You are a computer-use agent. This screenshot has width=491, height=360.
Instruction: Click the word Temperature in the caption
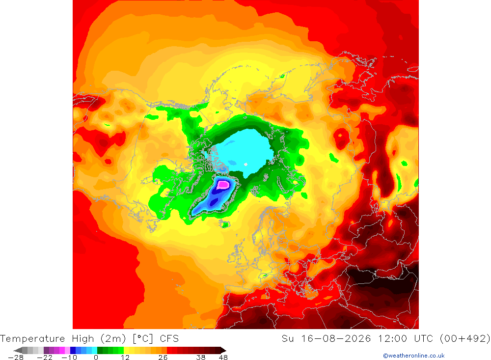pyautogui.click(x=32, y=339)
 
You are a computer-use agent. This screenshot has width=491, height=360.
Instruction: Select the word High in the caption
pyautogui.click(x=82, y=339)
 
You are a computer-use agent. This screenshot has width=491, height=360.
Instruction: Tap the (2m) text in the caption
pyautogui.click(x=113, y=339)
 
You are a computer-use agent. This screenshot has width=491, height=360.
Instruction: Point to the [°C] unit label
pyautogui.click(x=143, y=339)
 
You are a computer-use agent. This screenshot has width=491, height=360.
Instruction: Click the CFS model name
pyautogui.click(x=169, y=339)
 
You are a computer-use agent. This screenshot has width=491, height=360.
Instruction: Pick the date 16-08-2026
pyautogui.click(x=336, y=339)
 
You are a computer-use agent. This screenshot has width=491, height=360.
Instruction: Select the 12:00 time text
pyautogui.click(x=392, y=339)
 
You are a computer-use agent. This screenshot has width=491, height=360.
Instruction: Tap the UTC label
pyautogui.click(x=423, y=339)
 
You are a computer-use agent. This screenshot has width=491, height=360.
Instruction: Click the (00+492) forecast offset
pyautogui.click(x=465, y=339)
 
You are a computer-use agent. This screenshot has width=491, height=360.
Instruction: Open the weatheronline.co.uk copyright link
pyautogui.click(x=413, y=356)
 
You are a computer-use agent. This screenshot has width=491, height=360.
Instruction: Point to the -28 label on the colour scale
pyautogui.click(x=16, y=358)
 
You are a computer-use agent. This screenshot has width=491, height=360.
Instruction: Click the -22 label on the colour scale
pyautogui.click(x=45, y=358)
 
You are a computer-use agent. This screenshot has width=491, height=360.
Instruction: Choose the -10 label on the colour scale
pyautogui.click(x=69, y=358)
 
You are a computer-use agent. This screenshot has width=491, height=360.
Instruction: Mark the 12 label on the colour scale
pyautogui.click(x=125, y=358)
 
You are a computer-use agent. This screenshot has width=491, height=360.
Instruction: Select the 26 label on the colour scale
pyautogui.click(x=163, y=358)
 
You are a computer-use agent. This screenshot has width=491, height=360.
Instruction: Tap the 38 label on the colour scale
pyautogui.click(x=201, y=358)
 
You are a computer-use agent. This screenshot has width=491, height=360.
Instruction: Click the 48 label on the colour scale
pyautogui.click(x=223, y=358)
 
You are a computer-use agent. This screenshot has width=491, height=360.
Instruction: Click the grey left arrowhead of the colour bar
pyautogui.click(x=18, y=350)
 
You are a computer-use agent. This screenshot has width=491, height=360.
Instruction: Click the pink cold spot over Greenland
pyautogui.click(x=223, y=184)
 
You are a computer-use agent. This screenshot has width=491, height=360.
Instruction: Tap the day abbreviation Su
pyautogui.click(x=287, y=339)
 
